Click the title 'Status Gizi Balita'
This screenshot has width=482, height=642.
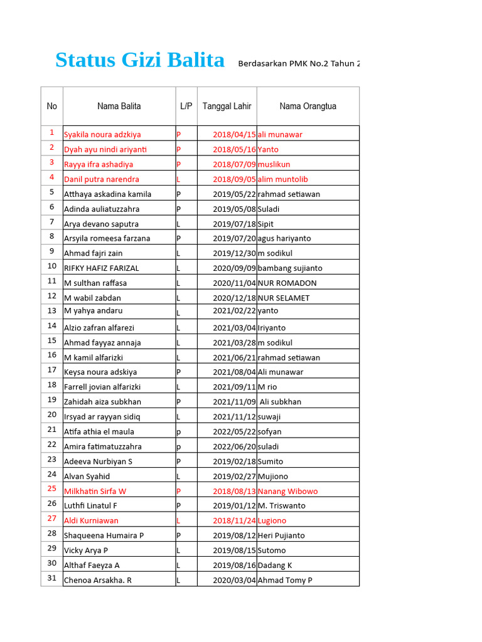[139, 60]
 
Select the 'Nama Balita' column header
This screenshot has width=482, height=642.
[119, 106]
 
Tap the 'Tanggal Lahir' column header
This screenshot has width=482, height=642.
[227, 106]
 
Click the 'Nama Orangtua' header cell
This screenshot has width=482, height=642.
[308, 106]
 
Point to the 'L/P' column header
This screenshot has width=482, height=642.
[186, 106]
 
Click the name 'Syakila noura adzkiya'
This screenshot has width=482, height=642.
[102, 134]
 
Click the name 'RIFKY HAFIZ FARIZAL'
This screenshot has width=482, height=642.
[102, 268]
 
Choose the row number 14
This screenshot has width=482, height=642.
[51, 325]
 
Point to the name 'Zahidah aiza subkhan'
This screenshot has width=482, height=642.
[102, 402]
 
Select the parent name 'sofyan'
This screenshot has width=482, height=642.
[270, 431]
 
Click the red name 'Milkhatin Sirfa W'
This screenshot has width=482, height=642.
[95, 491]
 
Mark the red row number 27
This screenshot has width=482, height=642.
[51, 518]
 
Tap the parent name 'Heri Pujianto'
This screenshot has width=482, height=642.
[281, 535]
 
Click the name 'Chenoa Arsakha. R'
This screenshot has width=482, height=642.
[98, 580]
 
